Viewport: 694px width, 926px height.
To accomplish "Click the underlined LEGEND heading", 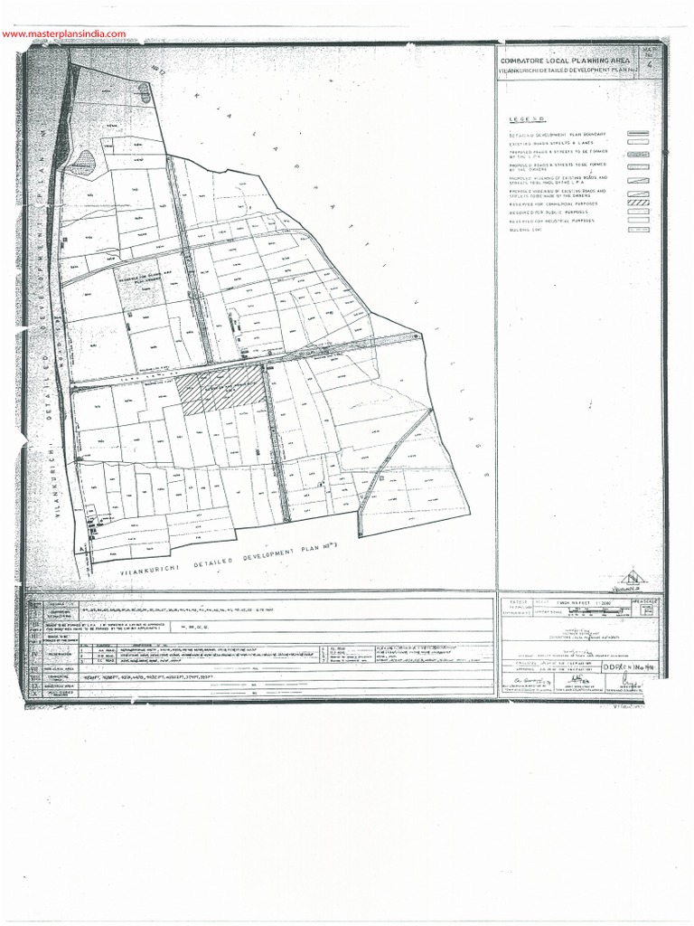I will click(x=526, y=119).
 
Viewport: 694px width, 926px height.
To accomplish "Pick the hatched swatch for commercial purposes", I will click(x=639, y=203).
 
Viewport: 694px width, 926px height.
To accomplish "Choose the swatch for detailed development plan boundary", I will click(x=639, y=134).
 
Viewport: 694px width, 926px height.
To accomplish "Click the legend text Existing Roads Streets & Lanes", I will click(x=551, y=143).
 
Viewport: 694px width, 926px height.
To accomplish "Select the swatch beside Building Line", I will click(x=639, y=230).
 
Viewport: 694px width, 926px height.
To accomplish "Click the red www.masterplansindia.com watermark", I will click(x=64, y=34).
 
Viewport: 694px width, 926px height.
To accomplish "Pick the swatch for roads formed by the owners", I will click(x=639, y=166).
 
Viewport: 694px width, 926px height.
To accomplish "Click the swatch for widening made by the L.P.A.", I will click(x=639, y=179).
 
